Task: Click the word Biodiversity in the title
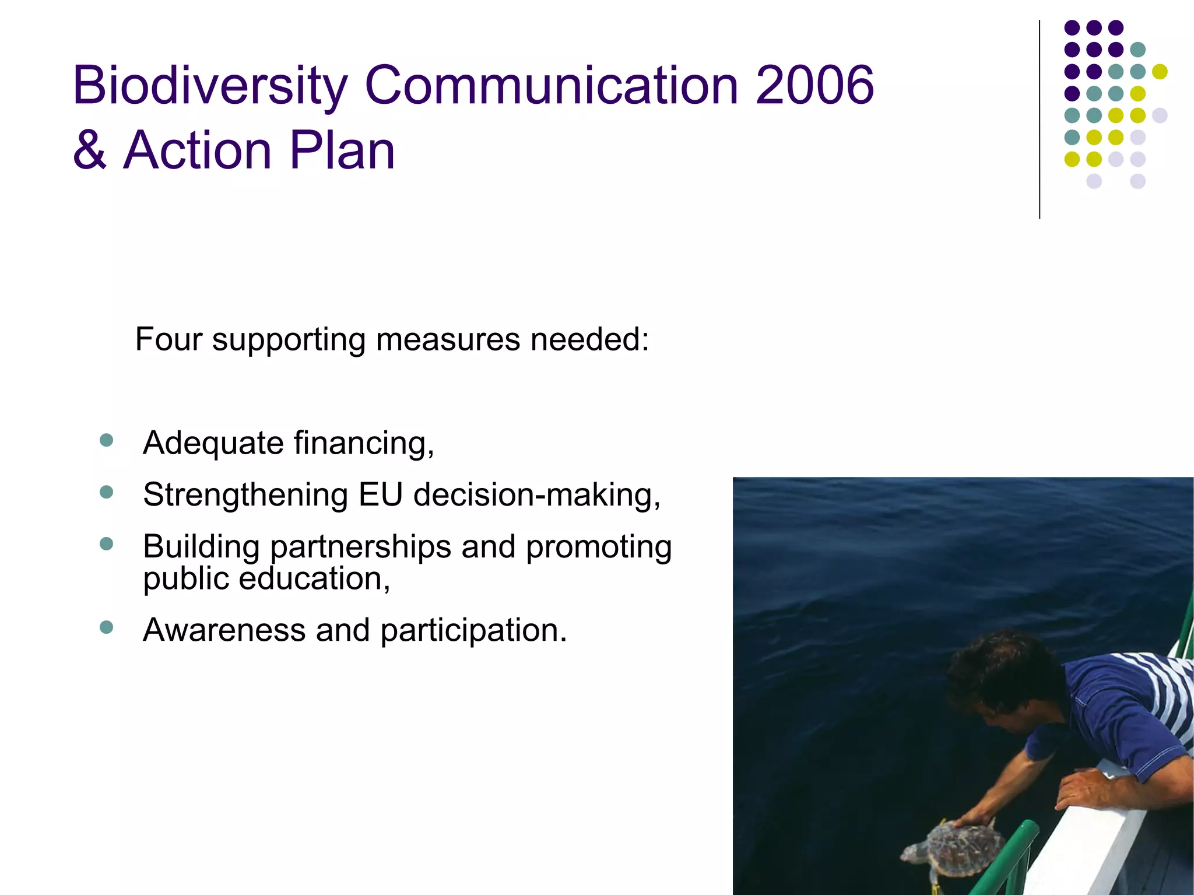pyautogui.click(x=210, y=86)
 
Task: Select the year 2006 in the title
pyautogui.click(x=814, y=86)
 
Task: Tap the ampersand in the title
pyautogui.click(x=90, y=150)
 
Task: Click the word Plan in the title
pyautogui.click(x=342, y=150)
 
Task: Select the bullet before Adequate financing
pyautogui.click(x=106, y=440)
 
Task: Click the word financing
pyautogui.click(x=364, y=443)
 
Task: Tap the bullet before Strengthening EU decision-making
pyautogui.click(x=106, y=492)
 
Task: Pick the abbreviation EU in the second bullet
pyautogui.click(x=380, y=494)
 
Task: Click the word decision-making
pyautogui.click(x=536, y=496)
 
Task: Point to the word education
pyautogui.click(x=314, y=578)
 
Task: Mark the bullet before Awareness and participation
pyautogui.click(x=106, y=627)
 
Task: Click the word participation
pyautogui.click(x=473, y=631)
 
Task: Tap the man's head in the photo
pyautogui.click(x=1003, y=676)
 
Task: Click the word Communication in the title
pyautogui.click(x=552, y=86)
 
